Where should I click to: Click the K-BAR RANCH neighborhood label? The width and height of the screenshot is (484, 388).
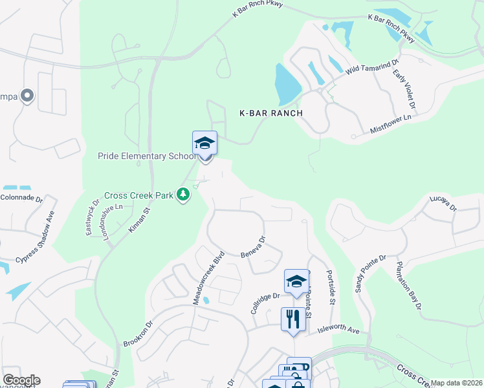[x=271, y=113]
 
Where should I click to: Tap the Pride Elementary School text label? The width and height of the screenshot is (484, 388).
[x=146, y=156]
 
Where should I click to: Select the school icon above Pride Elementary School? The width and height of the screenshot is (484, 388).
[x=204, y=143]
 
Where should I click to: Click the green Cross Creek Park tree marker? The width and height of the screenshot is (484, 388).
[x=184, y=194]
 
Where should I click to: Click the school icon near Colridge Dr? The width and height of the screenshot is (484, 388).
[x=296, y=281]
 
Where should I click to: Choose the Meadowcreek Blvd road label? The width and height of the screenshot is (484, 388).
[x=208, y=278]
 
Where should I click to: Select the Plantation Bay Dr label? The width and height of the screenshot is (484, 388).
[x=410, y=285]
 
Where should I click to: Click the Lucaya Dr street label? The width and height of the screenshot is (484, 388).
[x=443, y=204]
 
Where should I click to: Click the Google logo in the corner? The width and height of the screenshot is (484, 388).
[x=21, y=380]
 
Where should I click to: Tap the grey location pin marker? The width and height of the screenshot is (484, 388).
[x=27, y=96]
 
